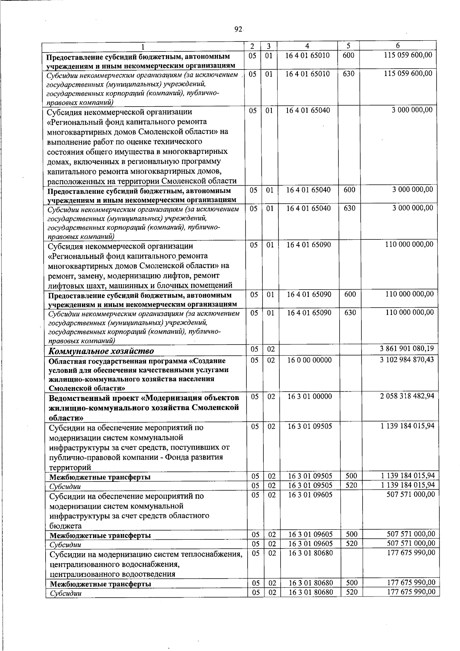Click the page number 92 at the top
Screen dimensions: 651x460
(x=238, y=30)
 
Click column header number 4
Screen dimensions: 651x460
(x=307, y=46)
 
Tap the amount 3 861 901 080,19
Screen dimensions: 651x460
(x=407, y=349)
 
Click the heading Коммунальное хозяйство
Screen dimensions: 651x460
(x=101, y=351)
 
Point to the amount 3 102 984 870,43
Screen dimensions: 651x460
(x=407, y=360)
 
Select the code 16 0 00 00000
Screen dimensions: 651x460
(x=310, y=360)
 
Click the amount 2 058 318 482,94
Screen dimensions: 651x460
(x=407, y=396)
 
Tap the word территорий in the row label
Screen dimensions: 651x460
(x=70, y=467)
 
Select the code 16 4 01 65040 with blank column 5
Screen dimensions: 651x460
(x=308, y=110)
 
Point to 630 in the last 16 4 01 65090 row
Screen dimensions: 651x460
(x=350, y=313)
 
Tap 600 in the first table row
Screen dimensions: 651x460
(x=348, y=55)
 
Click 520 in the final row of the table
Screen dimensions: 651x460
(x=352, y=603)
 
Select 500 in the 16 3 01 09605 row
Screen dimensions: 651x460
(x=352, y=534)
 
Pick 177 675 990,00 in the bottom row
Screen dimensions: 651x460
(x=410, y=603)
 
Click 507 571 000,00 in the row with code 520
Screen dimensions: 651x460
(x=410, y=543)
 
